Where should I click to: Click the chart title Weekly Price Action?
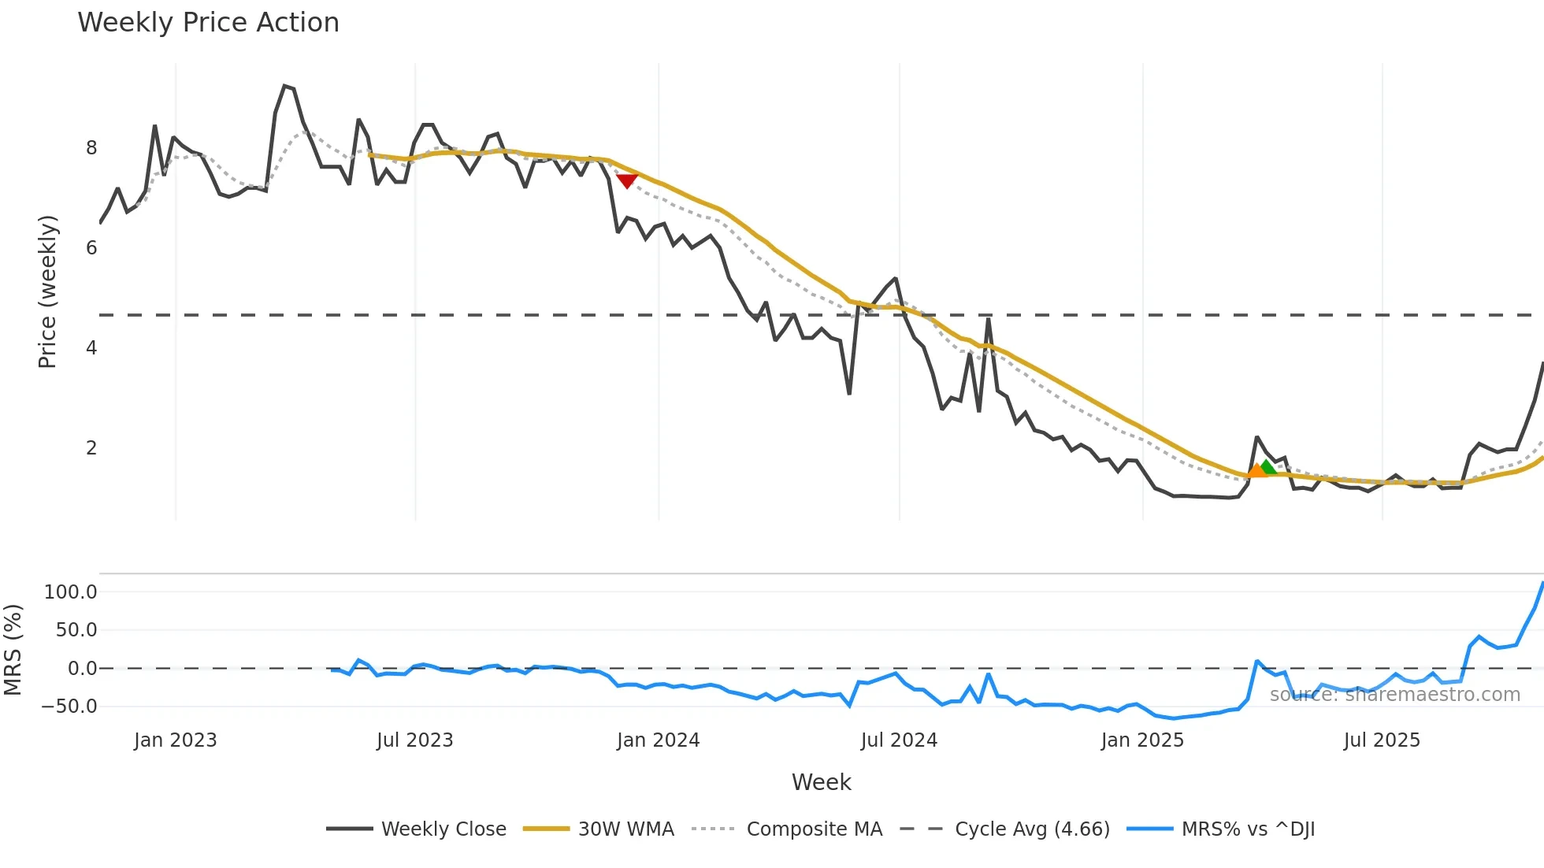pos(208,23)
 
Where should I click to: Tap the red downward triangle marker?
pos(627,181)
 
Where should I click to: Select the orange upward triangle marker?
pos(1256,470)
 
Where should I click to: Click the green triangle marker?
pos(1267,467)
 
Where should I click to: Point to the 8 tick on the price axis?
pos(91,148)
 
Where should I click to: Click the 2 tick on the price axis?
pos(91,448)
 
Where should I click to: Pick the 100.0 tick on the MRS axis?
pos(71,592)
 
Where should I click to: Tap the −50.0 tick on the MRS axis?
pos(69,707)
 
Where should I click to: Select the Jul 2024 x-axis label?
pos(899,740)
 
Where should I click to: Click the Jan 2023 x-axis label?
pos(175,740)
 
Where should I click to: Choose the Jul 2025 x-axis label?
pos(1382,740)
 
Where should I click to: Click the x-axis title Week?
pos(821,782)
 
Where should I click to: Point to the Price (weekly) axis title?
pos(47,291)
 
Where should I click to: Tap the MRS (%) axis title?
pos(13,650)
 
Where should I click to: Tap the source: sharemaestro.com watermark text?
pos(1394,695)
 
